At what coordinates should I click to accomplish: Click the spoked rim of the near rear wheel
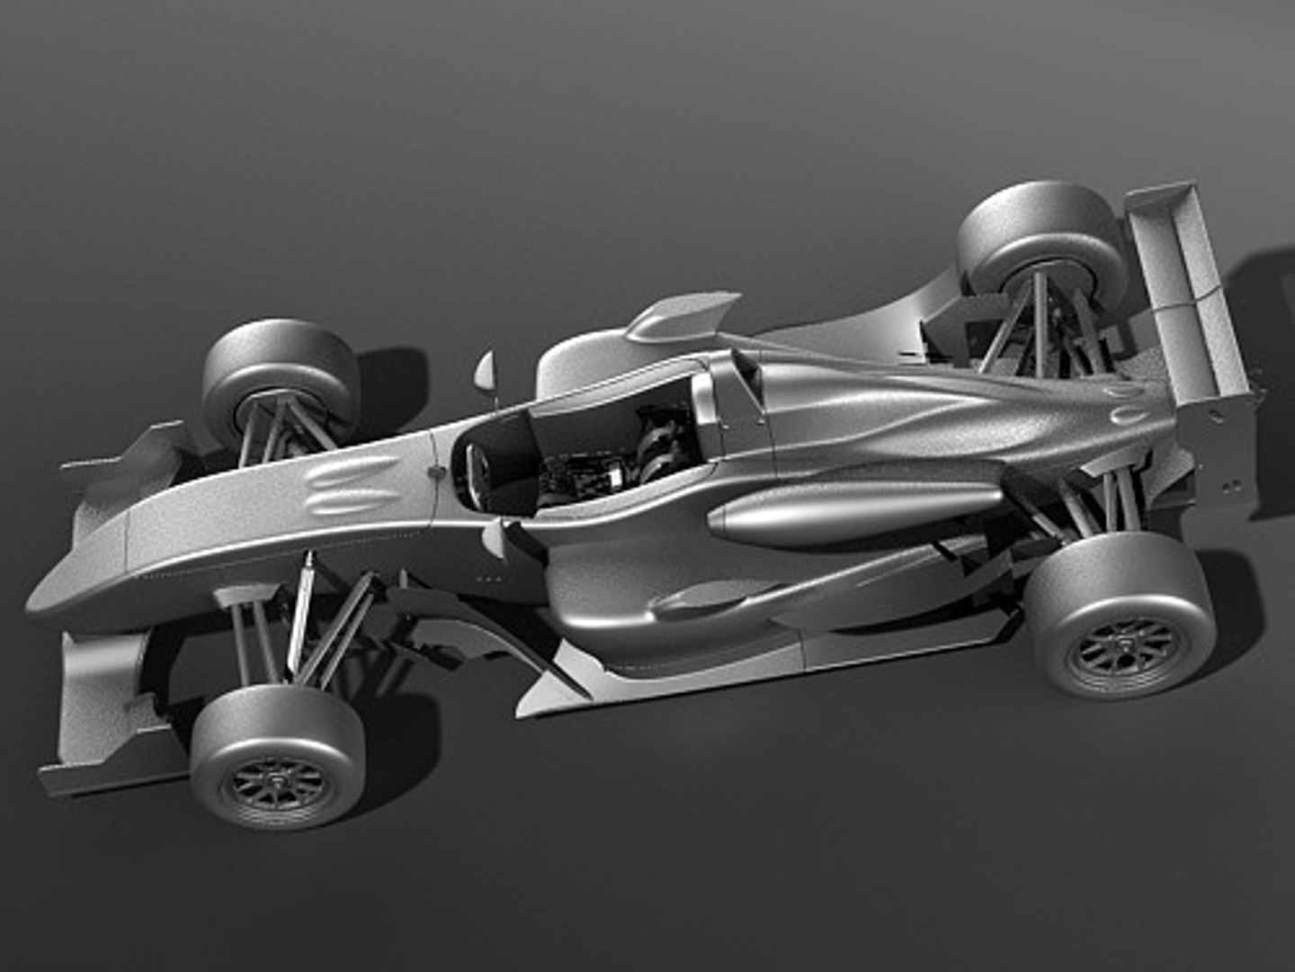1124,644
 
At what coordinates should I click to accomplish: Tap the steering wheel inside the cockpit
477,468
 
